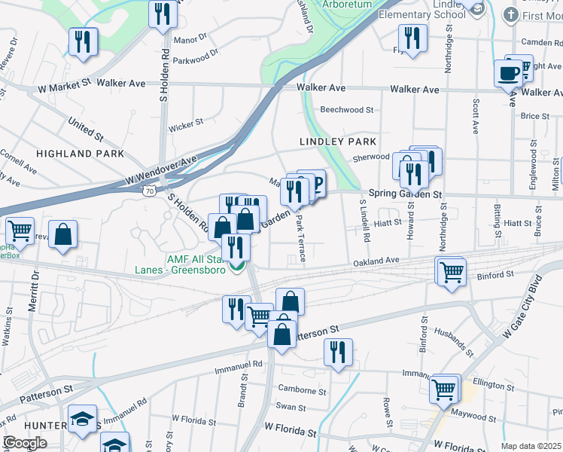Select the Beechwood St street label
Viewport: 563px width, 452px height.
(346, 109)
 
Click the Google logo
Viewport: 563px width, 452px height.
(24, 443)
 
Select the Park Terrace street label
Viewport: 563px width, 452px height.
(300, 239)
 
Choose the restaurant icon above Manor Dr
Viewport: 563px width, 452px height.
(162, 13)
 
